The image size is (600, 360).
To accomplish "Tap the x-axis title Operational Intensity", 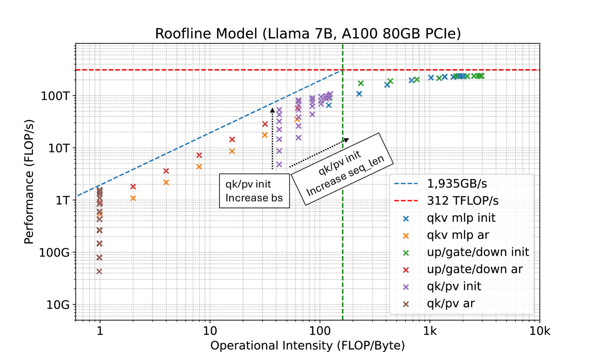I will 307,346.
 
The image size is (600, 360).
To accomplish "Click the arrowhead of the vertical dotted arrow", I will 272,108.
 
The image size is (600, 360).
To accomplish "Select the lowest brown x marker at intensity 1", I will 99,271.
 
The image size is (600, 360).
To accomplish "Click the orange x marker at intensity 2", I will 133,198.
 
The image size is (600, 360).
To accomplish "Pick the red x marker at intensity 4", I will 166,171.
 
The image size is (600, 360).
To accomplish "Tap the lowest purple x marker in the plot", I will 279,164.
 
